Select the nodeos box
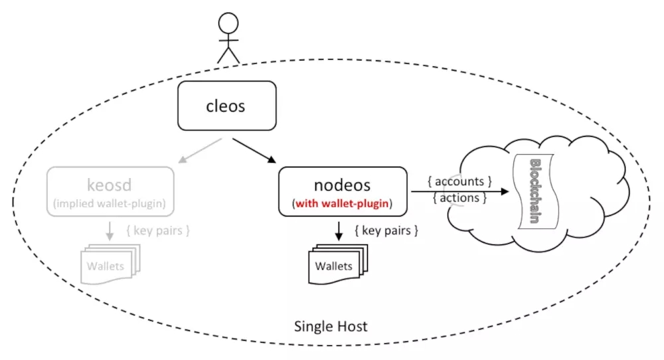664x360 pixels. (x=341, y=191)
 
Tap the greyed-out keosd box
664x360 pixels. (x=110, y=192)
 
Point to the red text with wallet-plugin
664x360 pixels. (x=343, y=205)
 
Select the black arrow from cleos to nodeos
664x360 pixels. (x=254, y=150)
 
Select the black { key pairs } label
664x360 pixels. (x=386, y=231)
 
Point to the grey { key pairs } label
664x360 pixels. (x=158, y=231)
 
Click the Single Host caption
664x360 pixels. (x=330, y=326)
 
